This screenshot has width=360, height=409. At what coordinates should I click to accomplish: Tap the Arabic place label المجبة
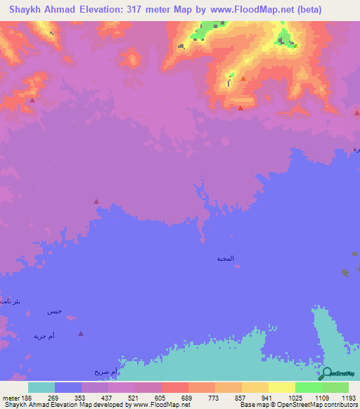(x=225, y=259)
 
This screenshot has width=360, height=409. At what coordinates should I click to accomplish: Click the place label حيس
(x=55, y=311)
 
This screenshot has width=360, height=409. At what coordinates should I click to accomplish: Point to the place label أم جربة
(x=44, y=336)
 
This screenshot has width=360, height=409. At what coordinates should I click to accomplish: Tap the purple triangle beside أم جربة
(x=81, y=334)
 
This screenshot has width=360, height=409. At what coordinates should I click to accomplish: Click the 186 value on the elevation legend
(x=27, y=397)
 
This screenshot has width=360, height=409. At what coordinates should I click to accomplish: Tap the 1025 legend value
(x=307, y=397)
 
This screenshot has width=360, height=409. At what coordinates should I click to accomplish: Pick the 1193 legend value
(x=347, y=397)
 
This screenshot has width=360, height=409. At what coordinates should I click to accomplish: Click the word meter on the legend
(x=10, y=397)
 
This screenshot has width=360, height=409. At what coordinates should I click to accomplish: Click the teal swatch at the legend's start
(x=41, y=387)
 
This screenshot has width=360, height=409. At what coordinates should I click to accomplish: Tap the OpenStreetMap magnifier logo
(x=325, y=372)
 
